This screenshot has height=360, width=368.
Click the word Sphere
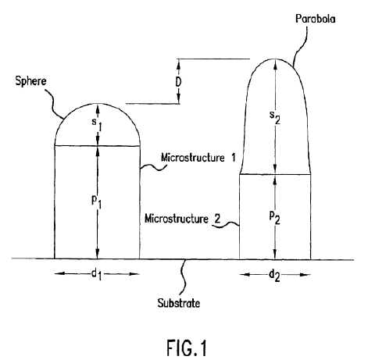tap(30, 81)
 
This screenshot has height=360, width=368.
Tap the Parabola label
tap(315, 19)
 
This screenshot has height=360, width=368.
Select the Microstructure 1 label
tap(198, 158)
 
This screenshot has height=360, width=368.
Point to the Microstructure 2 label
tap(183, 219)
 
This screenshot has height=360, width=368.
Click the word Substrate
tap(179, 303)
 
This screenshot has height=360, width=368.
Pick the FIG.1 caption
tap(187, 348)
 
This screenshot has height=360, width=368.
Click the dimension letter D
tap(178, 82)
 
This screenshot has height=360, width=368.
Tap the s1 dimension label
tap(97, 124)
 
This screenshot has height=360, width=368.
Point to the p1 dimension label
tap(96, 201)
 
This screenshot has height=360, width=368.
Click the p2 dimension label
tap(275, 217)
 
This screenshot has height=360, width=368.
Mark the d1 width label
tap(97, 275)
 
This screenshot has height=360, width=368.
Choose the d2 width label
tap(274, 276)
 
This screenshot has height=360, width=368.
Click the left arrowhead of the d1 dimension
tap(59, 273)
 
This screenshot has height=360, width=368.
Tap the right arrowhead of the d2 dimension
tap(306, 275)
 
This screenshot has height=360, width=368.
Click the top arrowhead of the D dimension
tap(179, 62)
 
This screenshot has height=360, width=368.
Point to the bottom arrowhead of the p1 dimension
tap(98, 254)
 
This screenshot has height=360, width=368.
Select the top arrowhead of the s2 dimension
tap(275, 63)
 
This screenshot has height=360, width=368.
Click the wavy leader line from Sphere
tap(54, 104)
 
